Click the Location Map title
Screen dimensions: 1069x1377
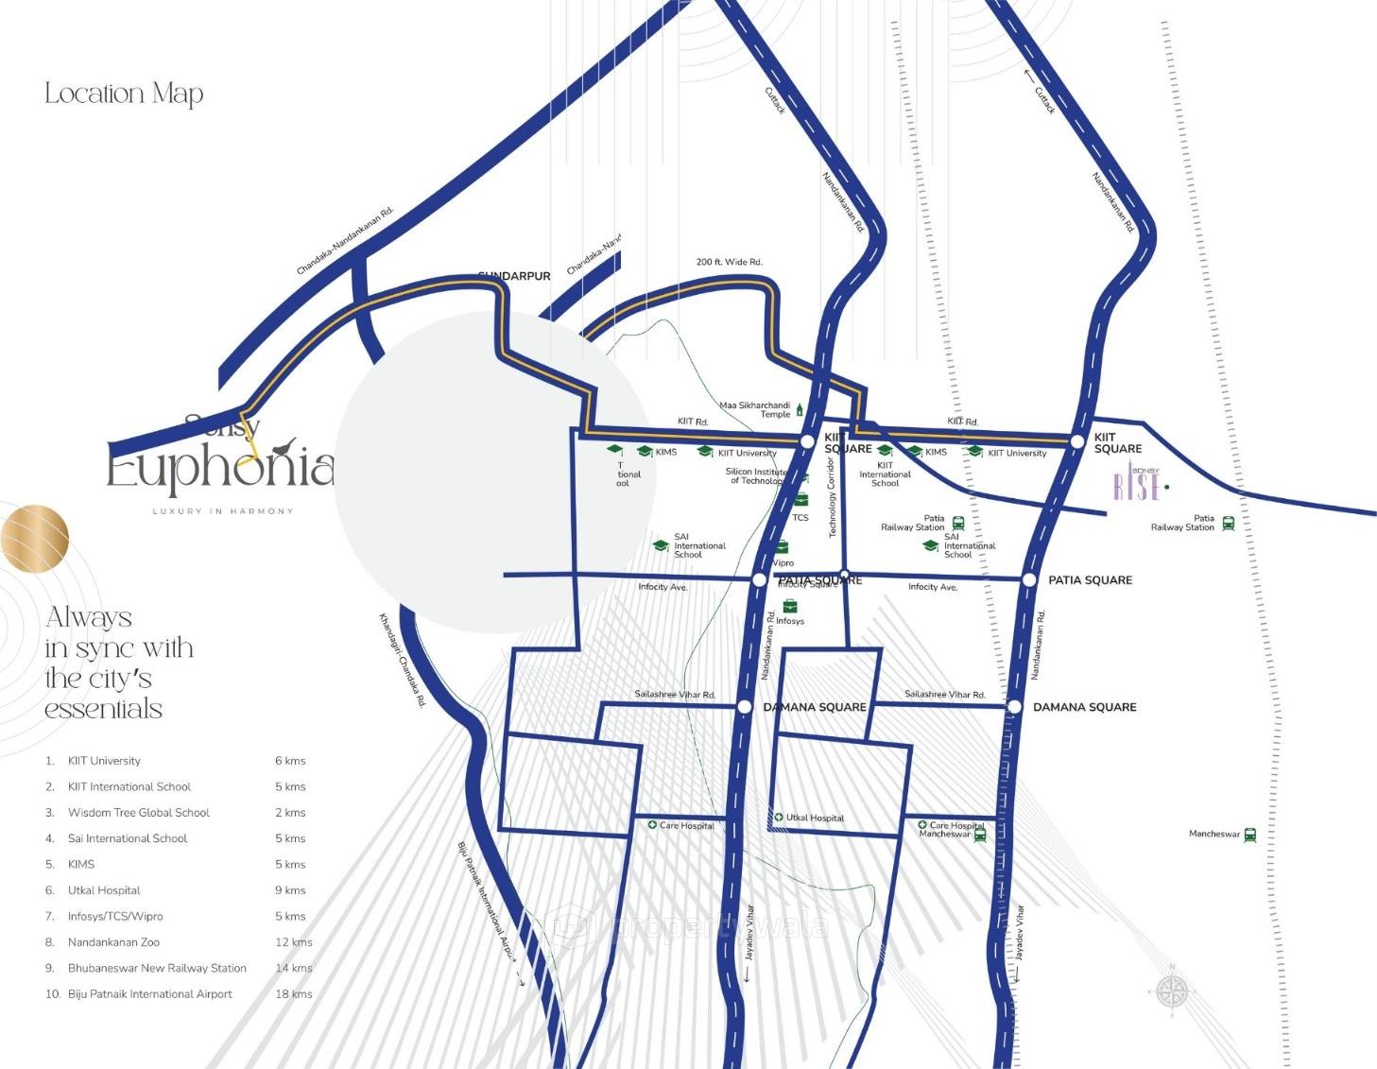[124, 94]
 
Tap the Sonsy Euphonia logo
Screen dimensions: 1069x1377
[220, 465]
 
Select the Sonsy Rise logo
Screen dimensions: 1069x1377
[1138, 485]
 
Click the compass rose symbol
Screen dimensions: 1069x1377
[1172, 991]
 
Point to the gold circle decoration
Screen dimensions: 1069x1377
[34, 539]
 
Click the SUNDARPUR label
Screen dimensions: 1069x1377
[514, 276]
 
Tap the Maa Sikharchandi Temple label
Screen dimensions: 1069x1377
[755, 409]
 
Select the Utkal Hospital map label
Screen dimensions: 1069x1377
[815, 818]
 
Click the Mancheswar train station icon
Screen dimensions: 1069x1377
[1250, 835]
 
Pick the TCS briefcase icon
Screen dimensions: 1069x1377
[800, 500]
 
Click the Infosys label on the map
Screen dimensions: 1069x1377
[790, 621]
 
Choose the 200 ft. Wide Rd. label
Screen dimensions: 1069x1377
[729, 262]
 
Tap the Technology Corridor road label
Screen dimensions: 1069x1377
[833, 497]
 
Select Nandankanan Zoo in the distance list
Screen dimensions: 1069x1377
[113, 942]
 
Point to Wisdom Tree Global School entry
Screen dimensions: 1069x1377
[138, 813]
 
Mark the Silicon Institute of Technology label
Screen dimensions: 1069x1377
[756, 476]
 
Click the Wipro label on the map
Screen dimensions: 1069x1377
[783, 563]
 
